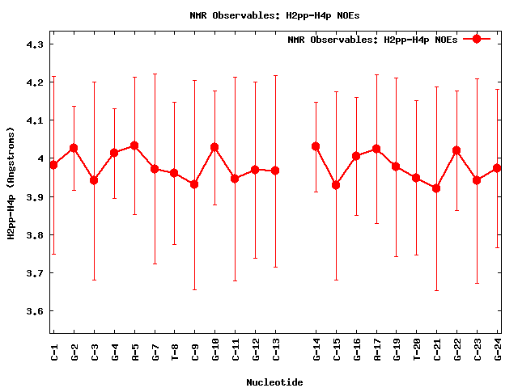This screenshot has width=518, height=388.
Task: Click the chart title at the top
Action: pyautogui.click(x=259, y=15)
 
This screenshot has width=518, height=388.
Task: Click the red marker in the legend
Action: pyautogui.click(x=477, y=39)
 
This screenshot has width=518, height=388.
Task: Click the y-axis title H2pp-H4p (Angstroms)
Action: pyautogui.click(x=11, y=183)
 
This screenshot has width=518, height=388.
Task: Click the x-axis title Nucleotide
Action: pyautogui.click(x=274, y=382)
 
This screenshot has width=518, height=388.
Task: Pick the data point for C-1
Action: pyautogui.click(x=53, y=165)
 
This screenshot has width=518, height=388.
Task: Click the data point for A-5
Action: pyautogui.click(x=134, y=145)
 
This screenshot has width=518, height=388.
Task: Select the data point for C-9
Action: pyautogui.click(x=194, y=184)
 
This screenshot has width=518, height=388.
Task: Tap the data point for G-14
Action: pyautogui.click(x=316, y=146)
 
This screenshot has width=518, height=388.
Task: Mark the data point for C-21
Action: pyautogui.click(x=437, y=188)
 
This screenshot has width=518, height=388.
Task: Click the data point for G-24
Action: pyautogui.click(x=497, y=168)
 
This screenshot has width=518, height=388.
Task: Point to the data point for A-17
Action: pyautogui.click(x=376, y=149)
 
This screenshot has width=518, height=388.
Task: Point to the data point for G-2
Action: pyautogui.click(x=74, y=148)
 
